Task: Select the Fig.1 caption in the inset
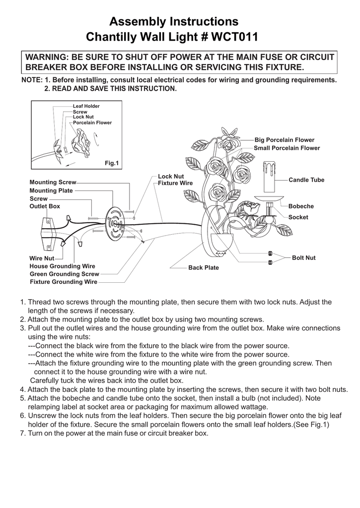coord(111,163)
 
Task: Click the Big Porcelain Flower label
coord(284,140)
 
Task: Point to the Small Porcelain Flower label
coord(287,148)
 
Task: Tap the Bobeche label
coord(301,206)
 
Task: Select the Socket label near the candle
coord(298,217)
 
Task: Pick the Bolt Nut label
coord(303,257)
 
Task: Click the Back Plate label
coord(203,267)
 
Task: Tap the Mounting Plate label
coord(51,190)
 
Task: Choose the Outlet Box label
coord(45,206)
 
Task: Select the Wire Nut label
coord(42,258)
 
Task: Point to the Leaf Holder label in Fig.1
coord(86,106)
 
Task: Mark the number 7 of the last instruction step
coord(22,433)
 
